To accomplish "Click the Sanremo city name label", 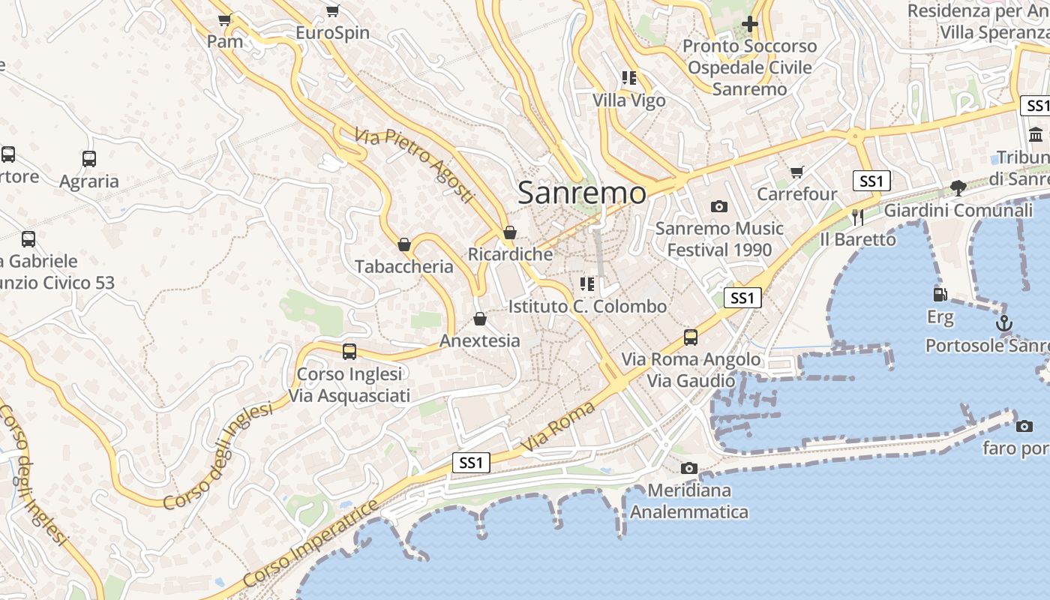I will pyautogui.click(x=581, y=193).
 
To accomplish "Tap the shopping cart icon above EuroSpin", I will pyautogui.click(x=332, y=11).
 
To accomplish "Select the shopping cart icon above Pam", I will pyautogui.click(x=224, y=19).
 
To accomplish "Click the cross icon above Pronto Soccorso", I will pyautogui.click(x=749, y=24).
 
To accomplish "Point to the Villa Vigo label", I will pyautogui.click(x=628, y=100).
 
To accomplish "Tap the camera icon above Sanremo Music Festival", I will pyautogui.click(x=719, y=206).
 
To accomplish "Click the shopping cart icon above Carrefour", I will pyautogui.click(x=796, y=172).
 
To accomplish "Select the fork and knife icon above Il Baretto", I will pyautogui.click(x=858, y=217).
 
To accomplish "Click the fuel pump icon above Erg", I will pyautogui.click(x=940, y=295).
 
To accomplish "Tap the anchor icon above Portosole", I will pyautogui.click(x=1003, y=323).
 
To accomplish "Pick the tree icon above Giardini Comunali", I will pyautogui.click(x=958, y=187).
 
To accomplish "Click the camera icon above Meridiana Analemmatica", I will pyautogui.click(x=688, y=469).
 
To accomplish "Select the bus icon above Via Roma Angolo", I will pyautogui.click(x=691, y=337).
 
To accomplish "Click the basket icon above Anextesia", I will pyautogui.click(x=480, y=319).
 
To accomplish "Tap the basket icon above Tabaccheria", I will pyautogui.click(x=404, y=244).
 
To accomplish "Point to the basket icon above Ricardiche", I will pyautogui.click(x=510, y=232).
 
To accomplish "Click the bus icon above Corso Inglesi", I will pyautogui.click(x=349, y=352).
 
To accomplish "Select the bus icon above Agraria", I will pyautogui.click(x=89, y=159).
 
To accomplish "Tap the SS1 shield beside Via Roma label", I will pyautogui.click(x=471, y=463).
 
